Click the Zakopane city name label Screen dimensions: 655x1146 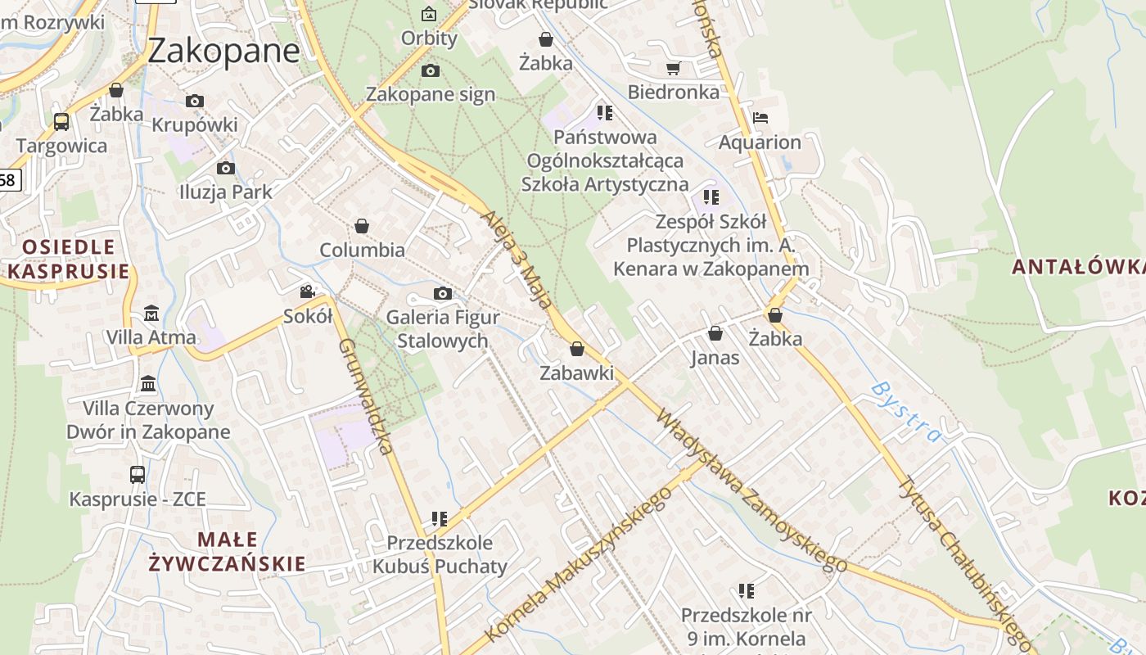pyautogui.click(x=224, y=51)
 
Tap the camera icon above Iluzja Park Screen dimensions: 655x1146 pyautogui.click(x=226, y=168)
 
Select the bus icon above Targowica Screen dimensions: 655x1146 pyautogui.click(x=61, y=122)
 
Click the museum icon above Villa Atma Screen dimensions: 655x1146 pyautogui.click(x=151, y=313)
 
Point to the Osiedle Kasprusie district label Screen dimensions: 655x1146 pyautogui.click(x=69, y=259)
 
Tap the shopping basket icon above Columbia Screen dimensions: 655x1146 pyautogui.click(x=362, y=226)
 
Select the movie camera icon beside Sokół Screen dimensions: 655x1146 pyautogui.click(x=308, y=291)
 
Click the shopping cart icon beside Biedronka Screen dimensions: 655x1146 pyautogui.click(x=673, y=69)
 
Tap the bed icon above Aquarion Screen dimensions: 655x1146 pyautogui.click(x=760, y=118)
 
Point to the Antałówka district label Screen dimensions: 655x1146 pyautogui.click(x=1077, y=267)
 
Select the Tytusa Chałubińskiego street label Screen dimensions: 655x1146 pyautogui.click(x=963, y=558)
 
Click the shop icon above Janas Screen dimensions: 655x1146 pyautogui.click(x=715, y=333)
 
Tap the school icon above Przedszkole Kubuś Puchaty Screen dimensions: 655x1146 pyautogui.click(x=440, y=518)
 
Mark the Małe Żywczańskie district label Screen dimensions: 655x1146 pyautogui.click(x=228, y=552)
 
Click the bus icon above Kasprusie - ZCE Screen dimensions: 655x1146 pyautogui.click(x=138, y=475)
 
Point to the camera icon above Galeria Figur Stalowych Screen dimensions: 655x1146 pyautogui.click(x=442, y=293)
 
